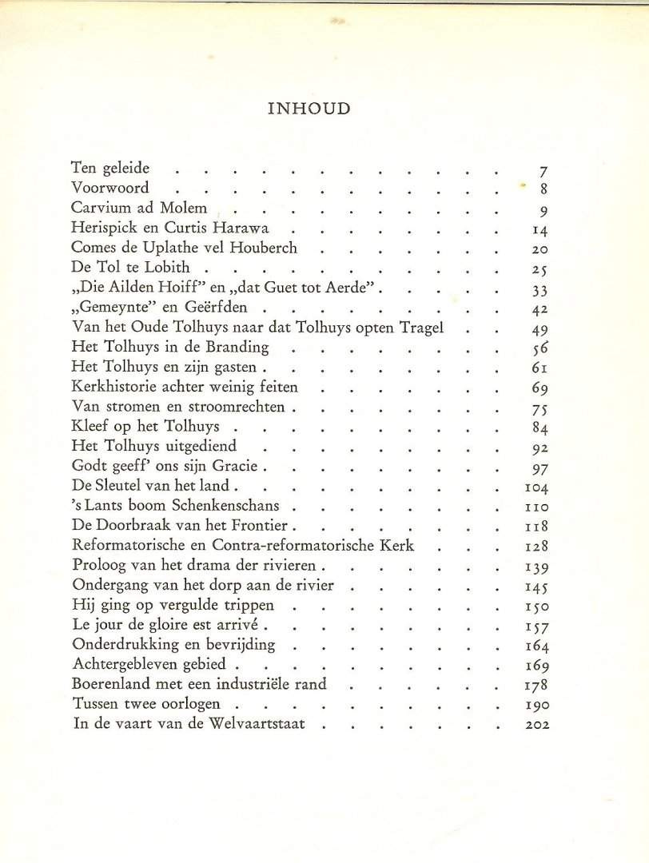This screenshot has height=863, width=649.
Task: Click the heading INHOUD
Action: coord(309,109)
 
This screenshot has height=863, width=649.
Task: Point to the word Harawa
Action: coord(244,228)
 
